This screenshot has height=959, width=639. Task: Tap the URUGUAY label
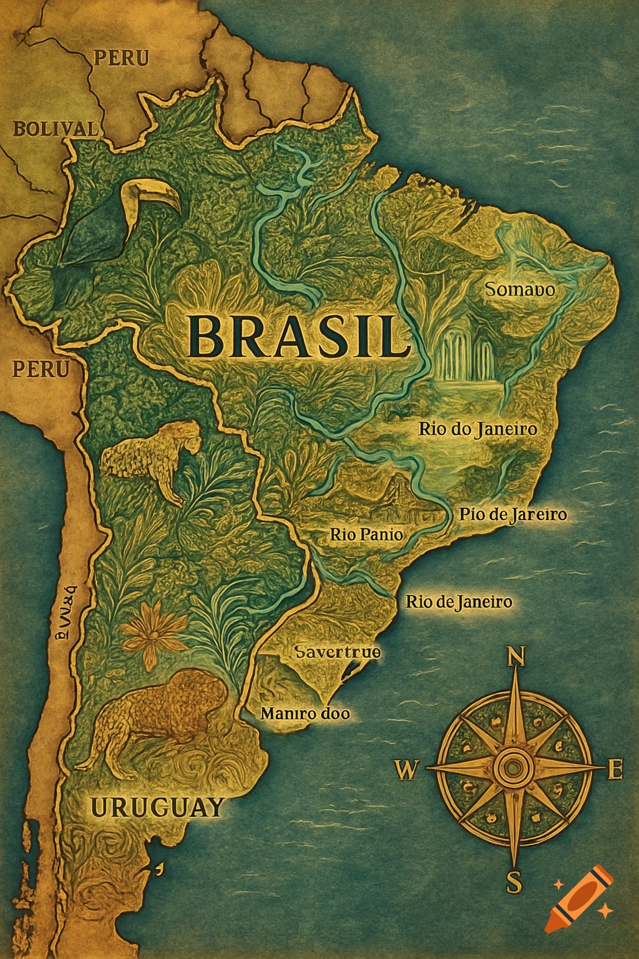pos(157,807)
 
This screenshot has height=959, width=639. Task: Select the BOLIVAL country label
pos(55,129)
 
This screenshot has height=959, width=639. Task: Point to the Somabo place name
pos(520,290)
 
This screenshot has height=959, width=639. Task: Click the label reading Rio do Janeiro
pos(477,430)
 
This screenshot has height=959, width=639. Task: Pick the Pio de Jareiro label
pos(512,514)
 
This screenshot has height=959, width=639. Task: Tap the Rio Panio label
pos(366,534)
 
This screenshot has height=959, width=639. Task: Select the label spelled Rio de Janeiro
pos(459,602)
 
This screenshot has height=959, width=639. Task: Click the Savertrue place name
pos(337,652)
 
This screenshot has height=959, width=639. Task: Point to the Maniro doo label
pos(305,713)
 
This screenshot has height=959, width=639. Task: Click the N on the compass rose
pos(515,657)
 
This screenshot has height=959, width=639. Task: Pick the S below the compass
pos(513,883)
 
